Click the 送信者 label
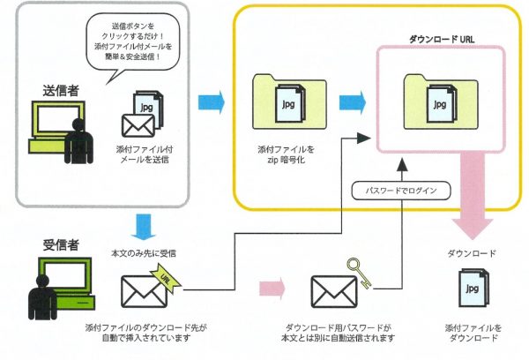[x=62, y=89]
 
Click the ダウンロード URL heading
[x=443, y=40]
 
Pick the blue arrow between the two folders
[x=352, y=100]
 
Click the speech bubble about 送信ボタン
[x=132, y=49]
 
